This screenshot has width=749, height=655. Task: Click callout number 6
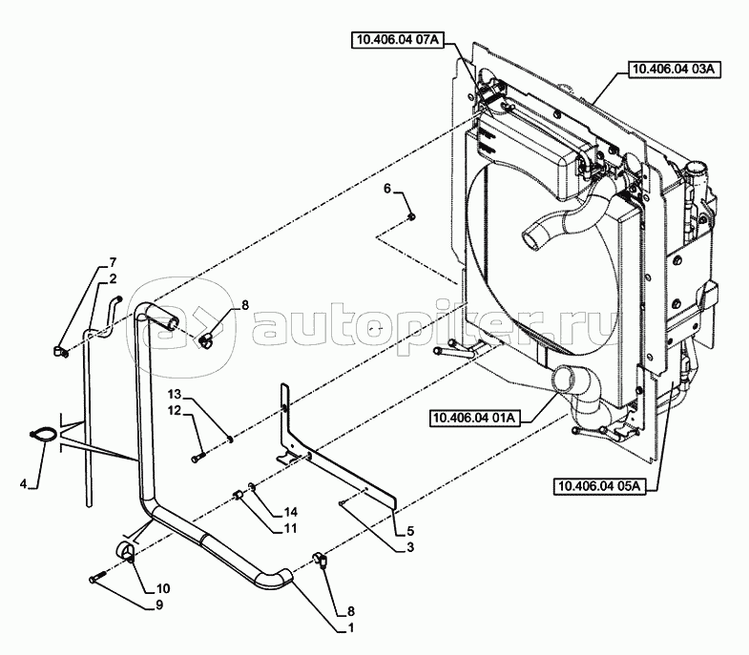tap(387, 190)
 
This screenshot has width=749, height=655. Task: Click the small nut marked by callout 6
tap(410, 218)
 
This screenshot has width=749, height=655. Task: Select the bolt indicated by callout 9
tap(97, 577)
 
